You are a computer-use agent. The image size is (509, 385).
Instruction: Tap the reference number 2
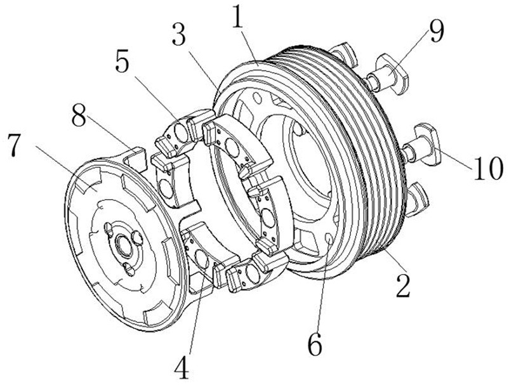tap(403, 285)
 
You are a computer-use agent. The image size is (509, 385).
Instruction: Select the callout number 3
tap(179, 34)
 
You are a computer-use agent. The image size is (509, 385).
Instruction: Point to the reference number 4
tap(182, 367)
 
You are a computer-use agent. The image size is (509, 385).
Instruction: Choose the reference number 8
tap(79, 115)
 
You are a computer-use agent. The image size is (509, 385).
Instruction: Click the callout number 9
tap(436, 31)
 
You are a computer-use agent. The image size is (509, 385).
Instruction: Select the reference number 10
tap(489, 167)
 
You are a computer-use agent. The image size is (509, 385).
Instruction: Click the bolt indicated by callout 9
tap(387, 74)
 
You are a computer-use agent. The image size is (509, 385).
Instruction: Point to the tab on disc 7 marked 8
tap(135, 159)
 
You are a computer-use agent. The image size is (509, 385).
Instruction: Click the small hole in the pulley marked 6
tap(329, 239)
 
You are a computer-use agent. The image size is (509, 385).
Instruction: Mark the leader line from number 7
tap(65, 168)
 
